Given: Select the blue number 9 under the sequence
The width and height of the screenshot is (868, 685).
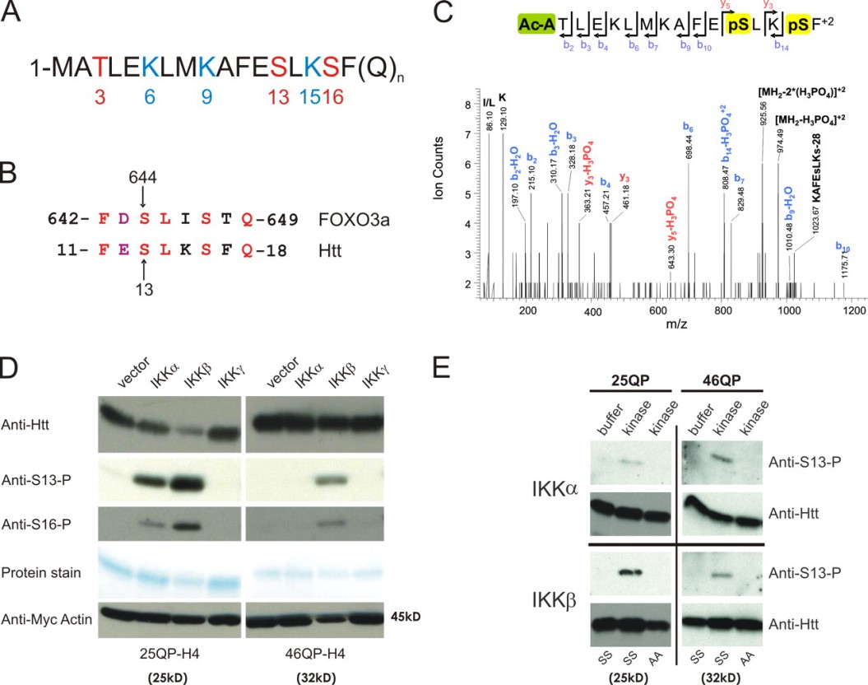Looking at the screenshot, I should click(x=205, y=97).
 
